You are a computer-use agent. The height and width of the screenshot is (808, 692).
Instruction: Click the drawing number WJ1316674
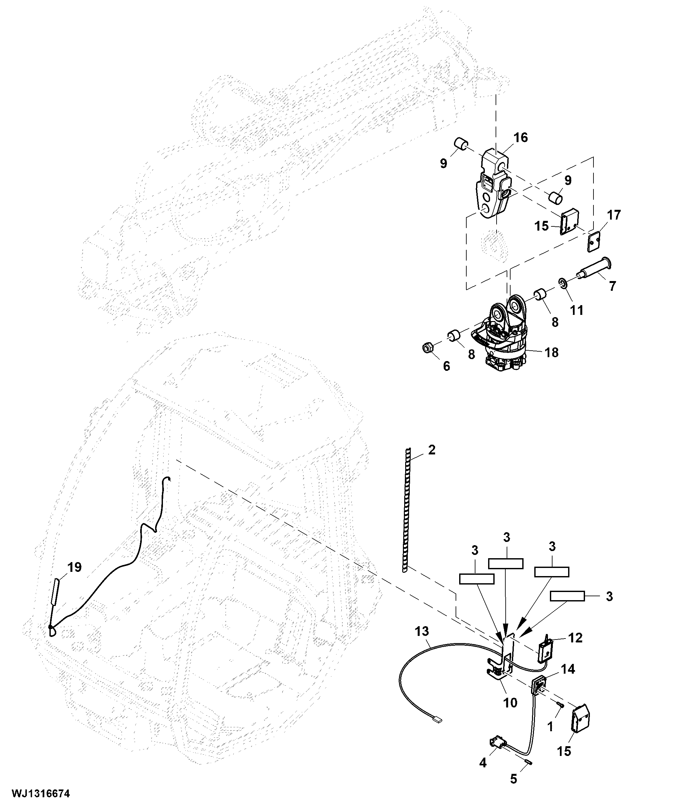coord(41,793)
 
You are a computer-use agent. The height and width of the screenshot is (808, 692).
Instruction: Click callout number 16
coord(520,138)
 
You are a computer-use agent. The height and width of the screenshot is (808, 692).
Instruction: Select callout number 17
coord(614,215)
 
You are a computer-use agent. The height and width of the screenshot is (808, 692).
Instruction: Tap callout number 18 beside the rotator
coord(552,353)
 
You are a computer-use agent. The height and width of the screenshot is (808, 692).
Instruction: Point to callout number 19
coord(74,567)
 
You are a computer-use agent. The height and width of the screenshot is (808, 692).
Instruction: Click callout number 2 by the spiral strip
coord(431,450)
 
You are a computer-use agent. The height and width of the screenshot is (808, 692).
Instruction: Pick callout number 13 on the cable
coord(422,631)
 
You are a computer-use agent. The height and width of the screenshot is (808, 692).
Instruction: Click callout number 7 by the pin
coord(612,286)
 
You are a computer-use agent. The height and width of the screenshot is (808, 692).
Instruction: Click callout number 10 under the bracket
coord(510,703)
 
